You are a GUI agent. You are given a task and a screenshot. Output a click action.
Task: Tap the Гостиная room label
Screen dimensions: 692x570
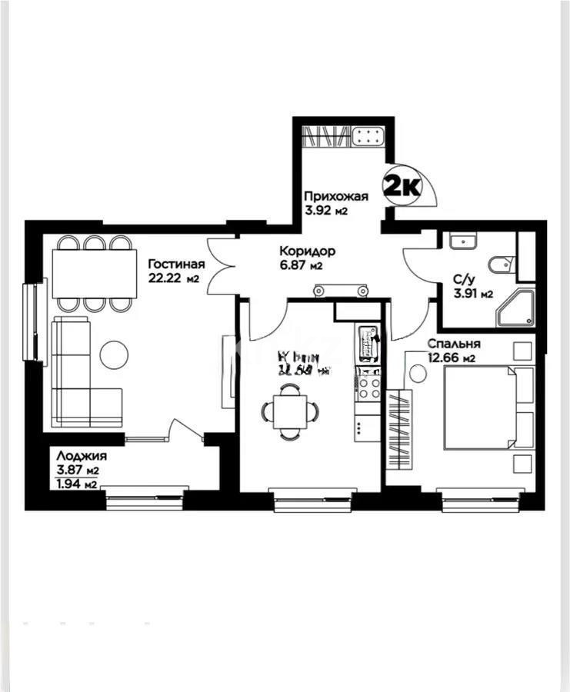tap(175, 263)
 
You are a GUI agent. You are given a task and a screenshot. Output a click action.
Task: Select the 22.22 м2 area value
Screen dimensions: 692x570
tap(174, 278)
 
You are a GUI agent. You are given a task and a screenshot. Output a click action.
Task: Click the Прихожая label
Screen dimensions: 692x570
tap(335, 196)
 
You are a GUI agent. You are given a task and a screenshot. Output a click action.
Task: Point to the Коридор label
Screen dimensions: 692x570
tap(306, 251)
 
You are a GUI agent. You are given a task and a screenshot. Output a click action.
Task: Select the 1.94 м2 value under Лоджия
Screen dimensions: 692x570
tap(76, 484)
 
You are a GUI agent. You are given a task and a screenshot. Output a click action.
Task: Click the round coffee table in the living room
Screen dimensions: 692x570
tap(115, 354)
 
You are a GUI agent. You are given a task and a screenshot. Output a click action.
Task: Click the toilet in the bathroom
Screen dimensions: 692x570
tap(500, 263)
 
